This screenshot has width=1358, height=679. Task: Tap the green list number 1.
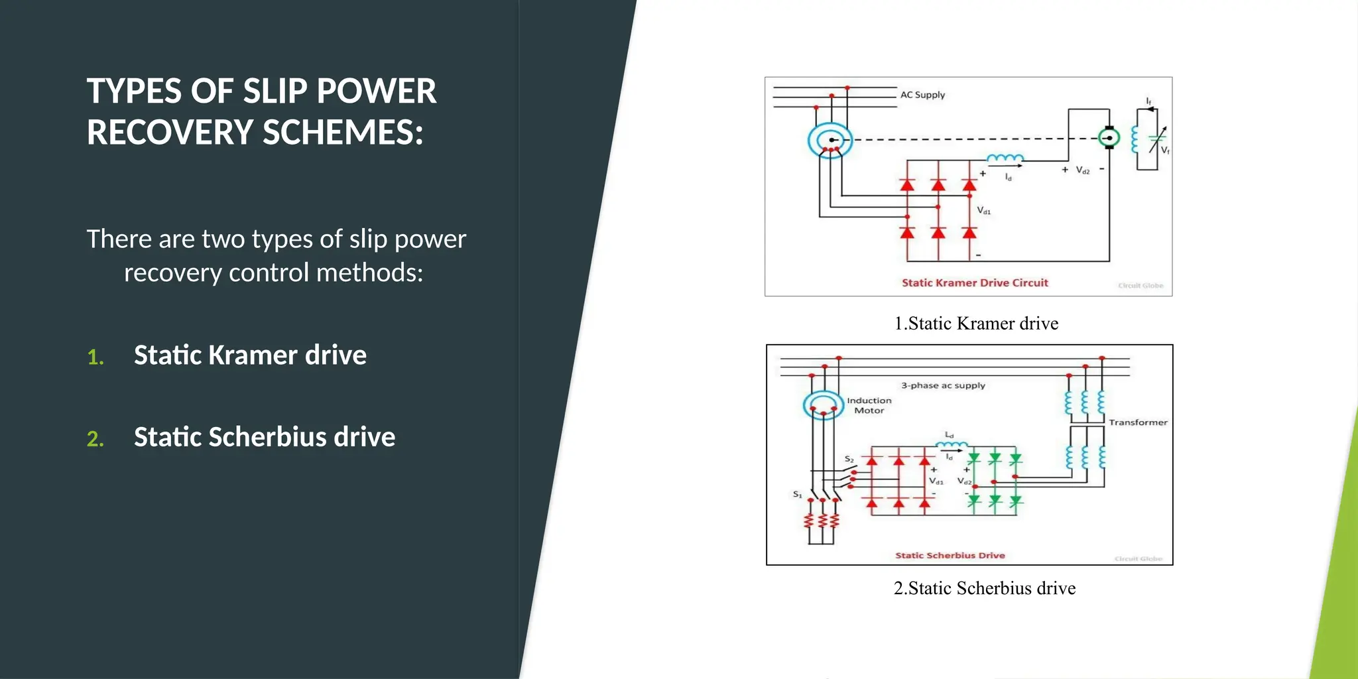click(95, 357)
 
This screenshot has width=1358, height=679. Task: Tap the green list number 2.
click(95, 438)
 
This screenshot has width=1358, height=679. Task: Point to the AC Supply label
click(922, 95)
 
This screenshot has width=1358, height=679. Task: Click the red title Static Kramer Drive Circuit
click(975, 283)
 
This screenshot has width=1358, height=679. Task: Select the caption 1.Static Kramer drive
click(976, 324)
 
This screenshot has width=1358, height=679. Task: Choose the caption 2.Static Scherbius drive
click(984, 588)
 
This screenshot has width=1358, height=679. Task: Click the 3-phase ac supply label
click(943, 385)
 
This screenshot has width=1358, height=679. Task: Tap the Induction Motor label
click(869, 405)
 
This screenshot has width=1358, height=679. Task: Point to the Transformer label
click(1138, 422)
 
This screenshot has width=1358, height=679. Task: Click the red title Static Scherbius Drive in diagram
click(950, 556)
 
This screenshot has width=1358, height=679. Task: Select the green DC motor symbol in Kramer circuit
click(1109, 138)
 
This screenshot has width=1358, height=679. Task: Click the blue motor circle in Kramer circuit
click(830, 140)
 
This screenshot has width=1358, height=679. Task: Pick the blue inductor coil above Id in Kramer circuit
click(1005, 159)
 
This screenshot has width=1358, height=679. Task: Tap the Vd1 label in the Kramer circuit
click(984, 211)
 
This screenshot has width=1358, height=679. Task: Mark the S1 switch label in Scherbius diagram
click(798, 495)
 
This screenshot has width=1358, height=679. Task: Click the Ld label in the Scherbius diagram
click(950, 435)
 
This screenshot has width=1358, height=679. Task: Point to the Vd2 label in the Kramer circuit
click(1082, 170)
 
